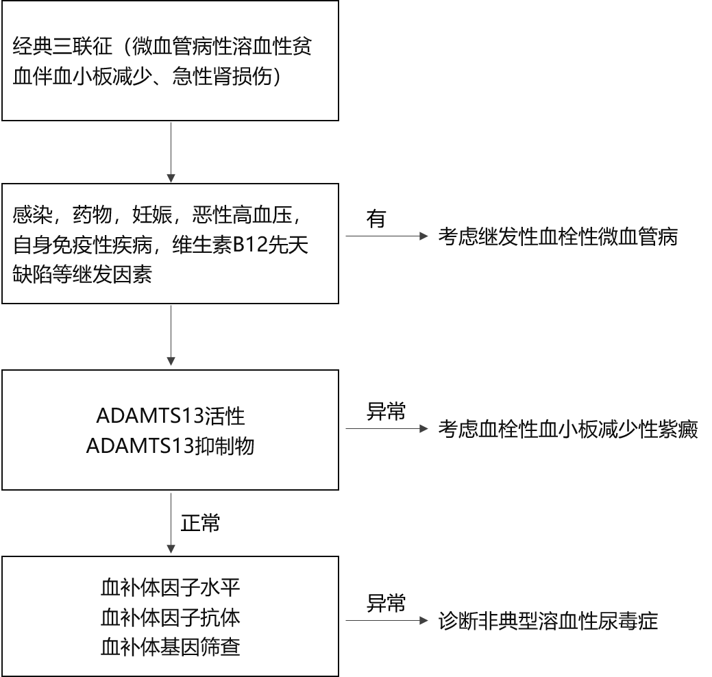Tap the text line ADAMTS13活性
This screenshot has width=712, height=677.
(x=170, y=416)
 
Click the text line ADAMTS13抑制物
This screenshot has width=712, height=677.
(x=170, y=445)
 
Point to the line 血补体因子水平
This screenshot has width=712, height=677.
(x=170, y=587)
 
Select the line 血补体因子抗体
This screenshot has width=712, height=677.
(x=170, y=617)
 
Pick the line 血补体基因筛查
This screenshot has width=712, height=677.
(x=170, y=647)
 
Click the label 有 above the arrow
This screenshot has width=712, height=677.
(x=376, y=219)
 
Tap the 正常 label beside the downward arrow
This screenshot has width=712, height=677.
(x=200, y=523)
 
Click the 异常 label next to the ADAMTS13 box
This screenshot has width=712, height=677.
(x=386, y=411)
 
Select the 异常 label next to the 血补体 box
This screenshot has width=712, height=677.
(x=386, y=604)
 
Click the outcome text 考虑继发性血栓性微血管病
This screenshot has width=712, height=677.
(x=558, y=236)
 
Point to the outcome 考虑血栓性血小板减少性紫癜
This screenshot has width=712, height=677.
(x=568, y=429)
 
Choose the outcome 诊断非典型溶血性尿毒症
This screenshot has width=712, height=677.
(x=548, y=621)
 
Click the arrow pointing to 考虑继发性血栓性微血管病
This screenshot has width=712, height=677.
(x=387, y=236)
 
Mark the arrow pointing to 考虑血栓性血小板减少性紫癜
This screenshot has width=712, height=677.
(x=387, y=429)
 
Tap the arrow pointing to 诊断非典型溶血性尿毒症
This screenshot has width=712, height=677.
(x=387, y=621)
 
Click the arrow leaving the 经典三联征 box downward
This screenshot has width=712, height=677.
(x=171, y=152)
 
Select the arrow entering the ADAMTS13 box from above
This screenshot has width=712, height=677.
(x=171, y=335)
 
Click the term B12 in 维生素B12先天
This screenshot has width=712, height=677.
(x=250, y=245)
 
